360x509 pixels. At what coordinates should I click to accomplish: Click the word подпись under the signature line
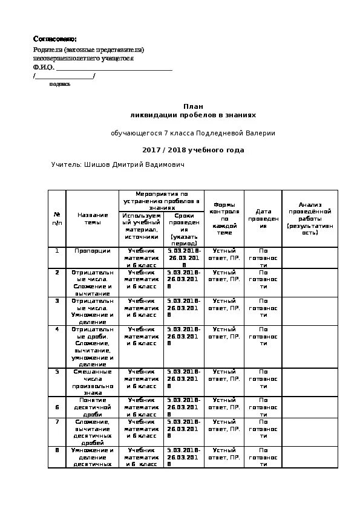(x=60, y=84)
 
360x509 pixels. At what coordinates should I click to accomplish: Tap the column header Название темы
(x=93, y=218)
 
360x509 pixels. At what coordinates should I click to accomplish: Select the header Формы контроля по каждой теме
(x=224, y=218)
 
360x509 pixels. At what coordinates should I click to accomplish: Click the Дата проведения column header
(x=263, y=218)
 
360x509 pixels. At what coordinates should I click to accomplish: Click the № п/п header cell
(x=57, y=218)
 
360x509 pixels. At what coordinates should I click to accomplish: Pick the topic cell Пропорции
(x=93, y=250)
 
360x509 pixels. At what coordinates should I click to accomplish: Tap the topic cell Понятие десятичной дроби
(x=93, y=406)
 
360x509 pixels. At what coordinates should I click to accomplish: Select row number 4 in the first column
(x=57, y=329)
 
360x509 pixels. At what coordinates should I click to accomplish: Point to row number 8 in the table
(x=57, y=450)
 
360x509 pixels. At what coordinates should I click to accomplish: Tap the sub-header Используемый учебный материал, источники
(x=142, y=227)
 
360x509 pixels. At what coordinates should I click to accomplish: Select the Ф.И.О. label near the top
(x=44, y=68)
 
